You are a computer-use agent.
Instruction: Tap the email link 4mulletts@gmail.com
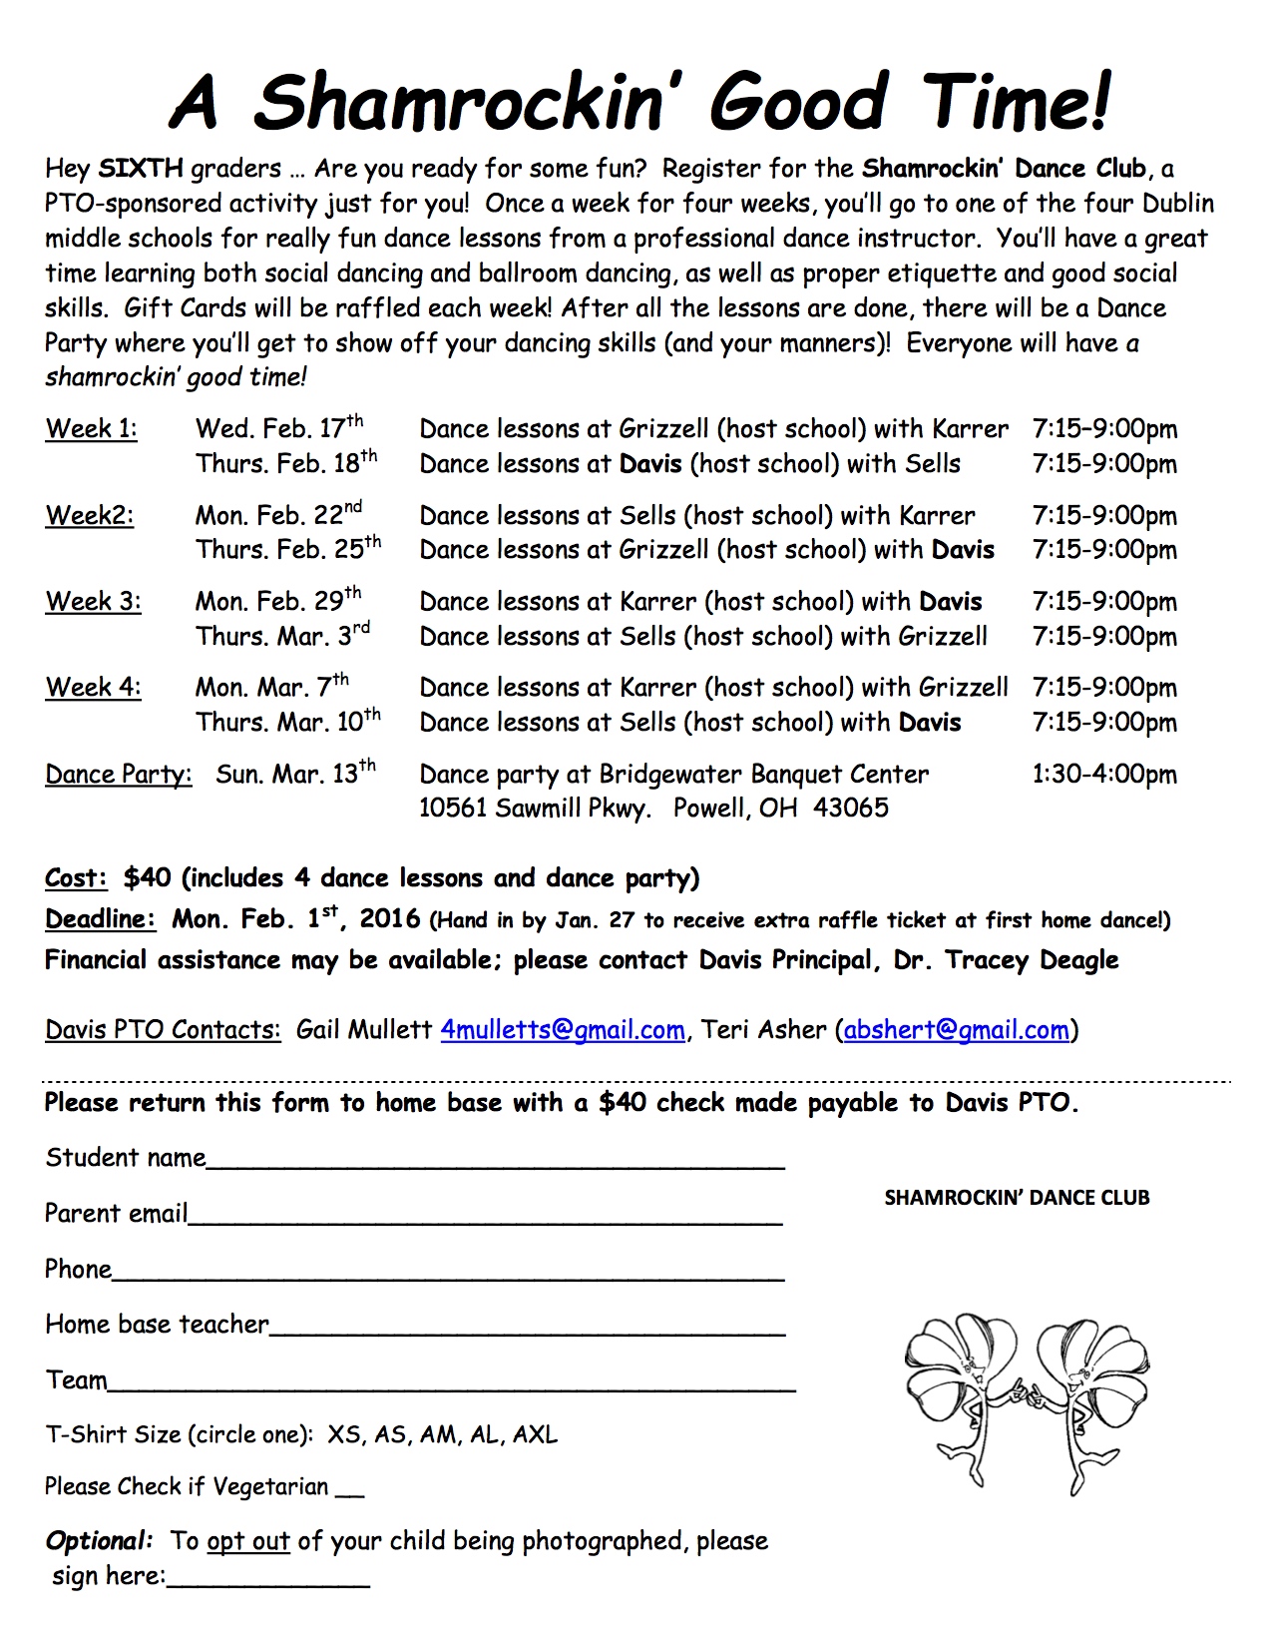coord(563,1030)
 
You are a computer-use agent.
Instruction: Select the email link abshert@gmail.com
coord(956,1030)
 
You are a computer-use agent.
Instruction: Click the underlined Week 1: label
coord(92,429)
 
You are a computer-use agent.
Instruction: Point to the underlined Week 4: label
coord(93,688)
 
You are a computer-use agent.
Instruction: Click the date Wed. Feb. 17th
coord(279,428)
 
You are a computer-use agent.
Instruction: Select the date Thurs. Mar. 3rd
coord(282,636)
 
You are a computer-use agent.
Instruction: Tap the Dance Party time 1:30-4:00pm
coord(1104,775)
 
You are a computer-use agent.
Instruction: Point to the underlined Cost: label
coord(76,878)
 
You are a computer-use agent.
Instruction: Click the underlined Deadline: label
coord(100,919)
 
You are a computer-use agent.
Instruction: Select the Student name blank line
coord(495,1163)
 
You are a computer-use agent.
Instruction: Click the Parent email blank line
coord(485,1219)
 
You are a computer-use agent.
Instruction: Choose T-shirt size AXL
coord(535,1435)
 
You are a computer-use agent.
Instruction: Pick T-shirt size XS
coord(344,1435)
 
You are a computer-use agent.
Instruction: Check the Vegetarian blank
coord(350,1490)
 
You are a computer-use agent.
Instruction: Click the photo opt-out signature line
coord(267,1581)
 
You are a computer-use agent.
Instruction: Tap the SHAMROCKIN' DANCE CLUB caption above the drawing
coord(1017,1198)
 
